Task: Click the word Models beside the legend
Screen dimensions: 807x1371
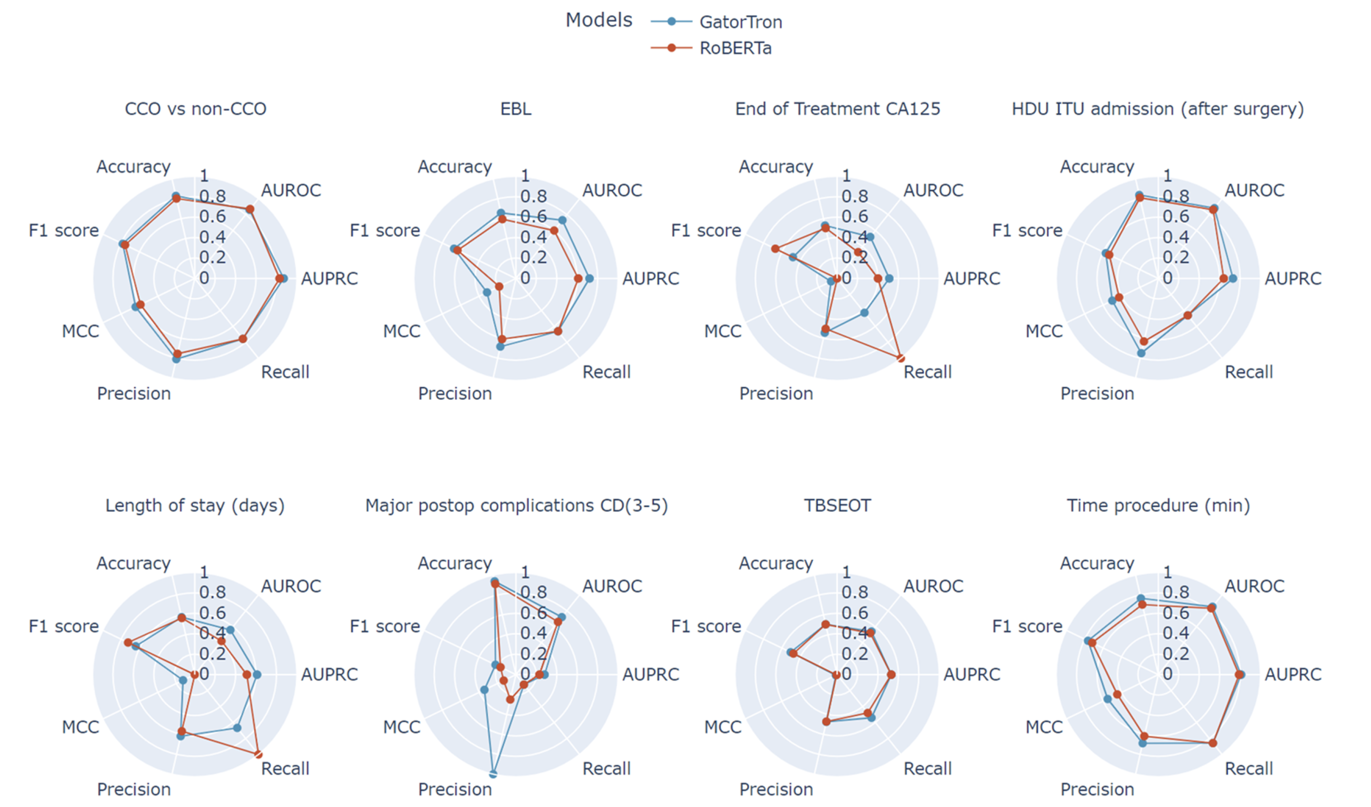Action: tap(598, 20)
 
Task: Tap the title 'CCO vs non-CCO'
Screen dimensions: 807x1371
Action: tap(196, 109)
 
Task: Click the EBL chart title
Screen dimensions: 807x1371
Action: tap(516, 109)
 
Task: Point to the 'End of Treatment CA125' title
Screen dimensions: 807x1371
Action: tap(837, 109)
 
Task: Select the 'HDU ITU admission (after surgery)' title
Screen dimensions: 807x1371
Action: tap(1158, 109)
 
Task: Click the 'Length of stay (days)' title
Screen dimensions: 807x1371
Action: tap(195, 505)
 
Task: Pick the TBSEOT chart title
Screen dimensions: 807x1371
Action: tap(837, 505)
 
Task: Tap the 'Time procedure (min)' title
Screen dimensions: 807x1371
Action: tap(1158, 505)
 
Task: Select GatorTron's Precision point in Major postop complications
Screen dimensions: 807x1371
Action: tap(493, 774)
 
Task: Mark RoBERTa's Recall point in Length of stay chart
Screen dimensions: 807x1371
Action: tap(258, 754)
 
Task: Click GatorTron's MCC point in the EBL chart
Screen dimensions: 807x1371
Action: tap(487, 292)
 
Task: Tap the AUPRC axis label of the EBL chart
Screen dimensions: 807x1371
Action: tap(650, 278)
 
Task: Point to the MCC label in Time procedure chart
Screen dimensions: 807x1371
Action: tap(1044, 727)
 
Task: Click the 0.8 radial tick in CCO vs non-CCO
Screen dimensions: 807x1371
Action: tap(212, 196)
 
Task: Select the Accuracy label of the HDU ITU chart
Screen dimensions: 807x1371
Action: tap(1097, 166)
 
